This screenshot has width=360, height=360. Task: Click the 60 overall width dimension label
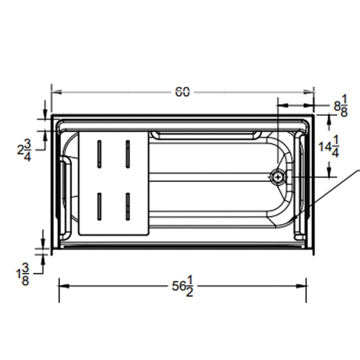[x=182, y=92]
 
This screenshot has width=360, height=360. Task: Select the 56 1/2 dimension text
[x=182, y=288]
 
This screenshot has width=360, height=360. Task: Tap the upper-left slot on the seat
[x=99, y=154]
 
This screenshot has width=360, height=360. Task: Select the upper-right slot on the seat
[x=127, y=154]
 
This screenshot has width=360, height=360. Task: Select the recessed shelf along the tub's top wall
[x=207, y=135]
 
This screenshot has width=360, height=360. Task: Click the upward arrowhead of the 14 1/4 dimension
[x=329, y=120]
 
